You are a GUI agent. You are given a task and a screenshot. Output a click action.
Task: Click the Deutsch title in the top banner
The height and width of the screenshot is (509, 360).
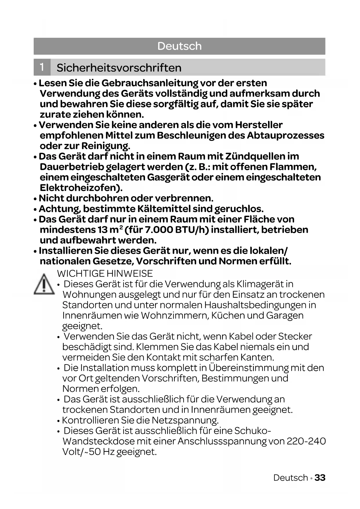point(179,46)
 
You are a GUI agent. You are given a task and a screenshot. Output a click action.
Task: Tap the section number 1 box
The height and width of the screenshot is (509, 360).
point(42,67)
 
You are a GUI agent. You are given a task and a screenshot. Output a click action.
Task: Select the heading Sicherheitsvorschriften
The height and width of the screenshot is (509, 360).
point(119,68)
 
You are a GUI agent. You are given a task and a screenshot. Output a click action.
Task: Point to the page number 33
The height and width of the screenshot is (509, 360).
point(320,477)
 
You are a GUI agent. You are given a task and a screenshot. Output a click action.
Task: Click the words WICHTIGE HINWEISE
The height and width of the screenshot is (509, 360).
point(105,273)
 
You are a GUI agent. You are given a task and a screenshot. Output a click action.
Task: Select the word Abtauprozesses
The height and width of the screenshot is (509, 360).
point(285,135)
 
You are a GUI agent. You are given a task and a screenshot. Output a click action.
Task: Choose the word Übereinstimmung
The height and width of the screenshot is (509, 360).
point(248,368)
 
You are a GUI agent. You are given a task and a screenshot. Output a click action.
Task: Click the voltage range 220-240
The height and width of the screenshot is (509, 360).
point(306,441)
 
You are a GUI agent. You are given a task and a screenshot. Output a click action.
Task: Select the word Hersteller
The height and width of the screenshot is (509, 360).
point(259,125)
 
